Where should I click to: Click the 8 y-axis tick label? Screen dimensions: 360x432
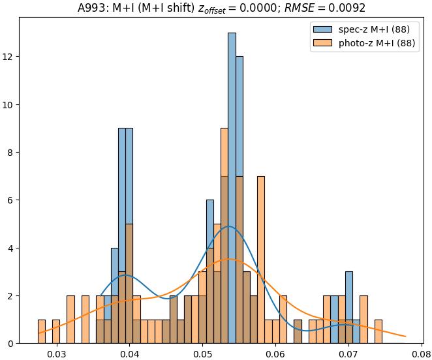pos(11,153)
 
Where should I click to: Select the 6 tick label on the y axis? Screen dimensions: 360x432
pos(11,200)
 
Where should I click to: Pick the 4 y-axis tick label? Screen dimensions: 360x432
pos(11,248)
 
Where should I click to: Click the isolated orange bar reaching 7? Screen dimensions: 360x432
pos(261,261)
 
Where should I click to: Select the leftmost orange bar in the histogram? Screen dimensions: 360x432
pos(42,332)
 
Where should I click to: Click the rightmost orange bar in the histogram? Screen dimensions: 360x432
pos(378,332)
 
